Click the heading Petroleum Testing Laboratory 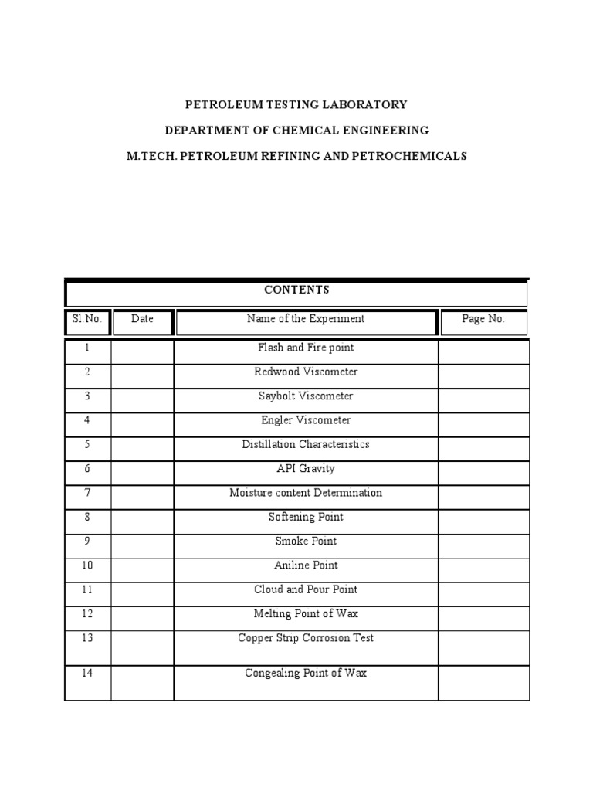[x=296, y=104]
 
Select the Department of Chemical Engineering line [x=296, y=130]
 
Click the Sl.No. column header [x=87, y=319]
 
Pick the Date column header [x=142, y=319]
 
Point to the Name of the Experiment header [x=306, y=319]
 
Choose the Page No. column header [x=483, y=319]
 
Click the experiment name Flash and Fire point [x=306, y=348]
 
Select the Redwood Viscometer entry [x=306, y=372]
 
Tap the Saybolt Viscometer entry [x=306, y=396]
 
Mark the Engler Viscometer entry [x=306, y=421]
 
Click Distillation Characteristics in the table [x=306, y=445]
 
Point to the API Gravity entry [x=306, y=469]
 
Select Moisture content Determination [x=306, y=493]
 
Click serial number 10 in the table [x=87, y=565]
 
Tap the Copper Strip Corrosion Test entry [x=306, y=638]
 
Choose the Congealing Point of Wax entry [x=306, y=674]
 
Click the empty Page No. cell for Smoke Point [x=483, y=541]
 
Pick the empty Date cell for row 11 [x=142, y=590]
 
